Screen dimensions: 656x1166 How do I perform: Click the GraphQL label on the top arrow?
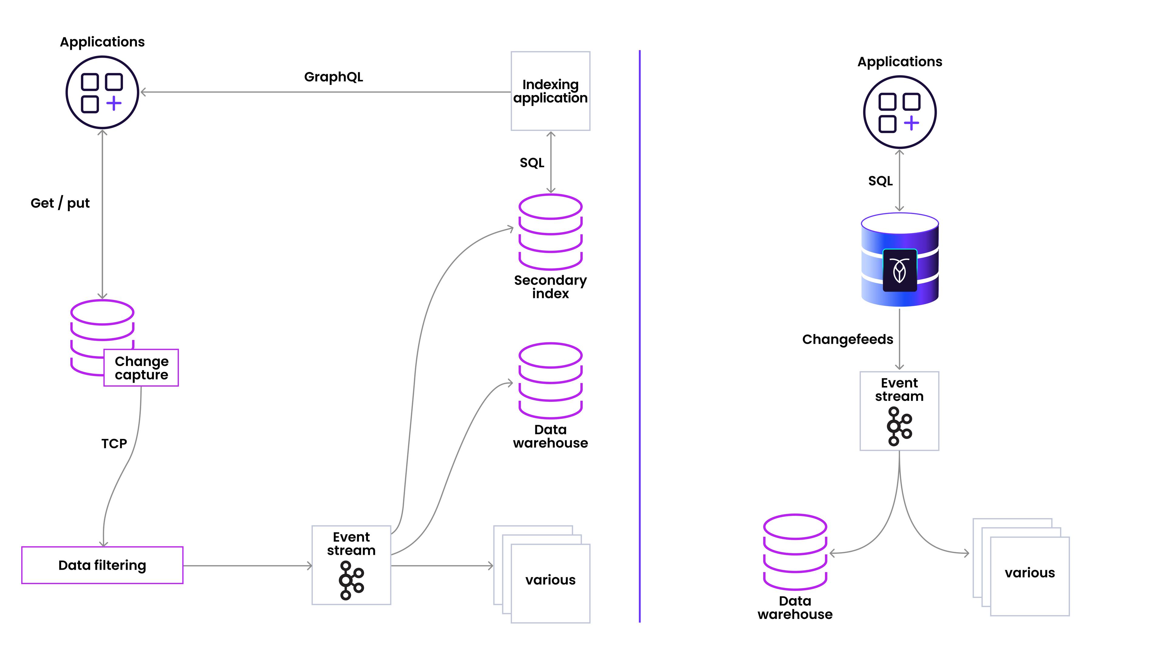(334, 77)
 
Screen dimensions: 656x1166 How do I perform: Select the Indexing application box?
(551, 91)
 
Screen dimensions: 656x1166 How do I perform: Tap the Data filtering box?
(102, 565)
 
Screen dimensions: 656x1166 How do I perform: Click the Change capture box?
(141, 367)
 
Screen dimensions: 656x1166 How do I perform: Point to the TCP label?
(114, 444)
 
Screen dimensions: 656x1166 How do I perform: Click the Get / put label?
(60, 203)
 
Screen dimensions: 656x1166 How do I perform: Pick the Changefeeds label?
(847, 339)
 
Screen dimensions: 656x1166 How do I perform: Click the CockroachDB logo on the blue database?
(899, 270)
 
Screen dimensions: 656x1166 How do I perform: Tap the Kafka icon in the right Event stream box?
(899, 426)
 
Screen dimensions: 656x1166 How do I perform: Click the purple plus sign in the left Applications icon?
(114, 103)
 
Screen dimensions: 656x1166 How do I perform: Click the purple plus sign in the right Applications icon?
(912, 123)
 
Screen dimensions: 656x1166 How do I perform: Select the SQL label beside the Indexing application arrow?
(532, 162)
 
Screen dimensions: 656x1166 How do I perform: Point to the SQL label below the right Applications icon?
(880, 181)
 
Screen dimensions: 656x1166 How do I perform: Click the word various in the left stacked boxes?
(551, 580)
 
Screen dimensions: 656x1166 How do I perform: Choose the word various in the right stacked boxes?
(1030, 573)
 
